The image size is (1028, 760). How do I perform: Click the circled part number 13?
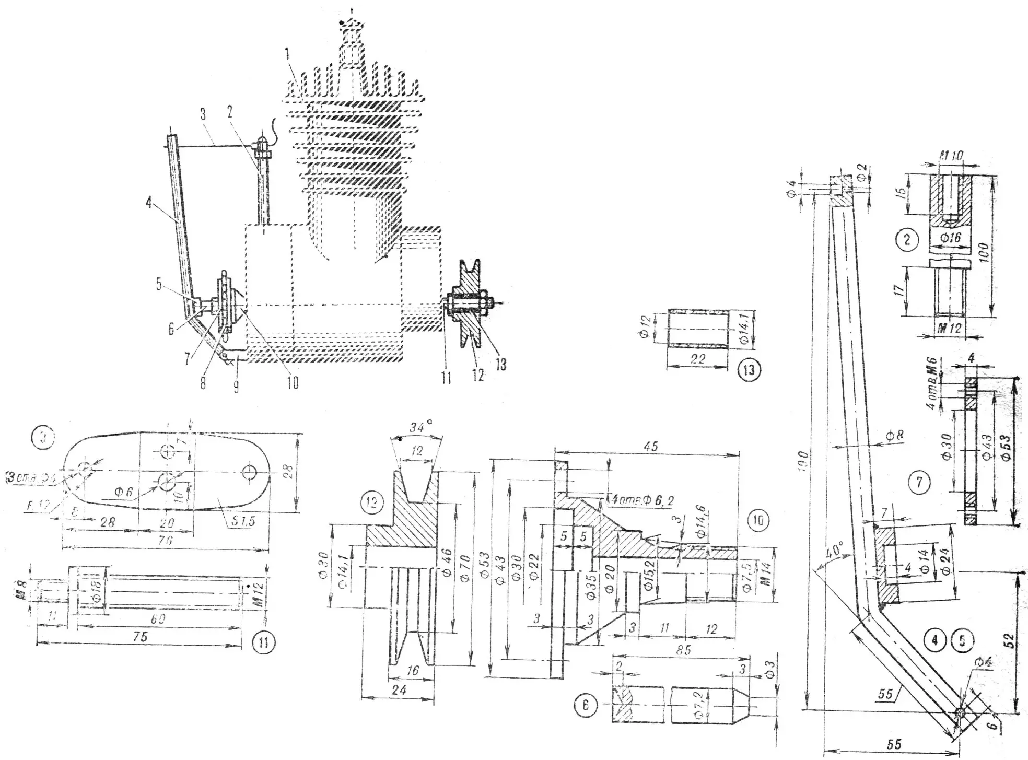(749, 369)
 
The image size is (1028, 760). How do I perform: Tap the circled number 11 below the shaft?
(263, 641)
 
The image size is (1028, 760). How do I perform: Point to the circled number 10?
(758, 520)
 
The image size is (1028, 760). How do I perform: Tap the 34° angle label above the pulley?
(417, 428)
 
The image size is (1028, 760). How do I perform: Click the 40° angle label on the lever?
(834, 550)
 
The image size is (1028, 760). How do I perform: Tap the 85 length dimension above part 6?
(683, 650)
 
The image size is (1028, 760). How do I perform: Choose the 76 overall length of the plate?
(165, 541)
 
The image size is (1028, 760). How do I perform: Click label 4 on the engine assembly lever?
(149, 203)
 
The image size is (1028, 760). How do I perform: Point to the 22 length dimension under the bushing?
(697, 359)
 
